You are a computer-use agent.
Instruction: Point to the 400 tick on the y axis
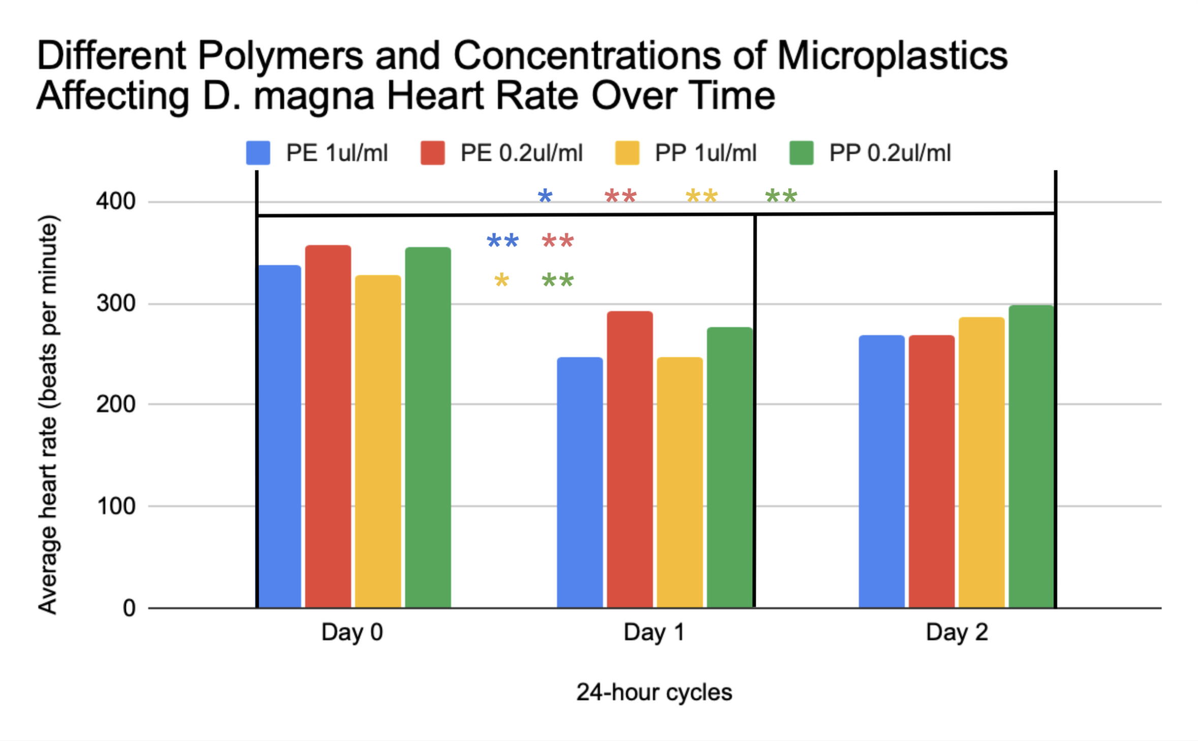(x=116, y=202)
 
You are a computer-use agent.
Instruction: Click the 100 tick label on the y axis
(x=116, y=506)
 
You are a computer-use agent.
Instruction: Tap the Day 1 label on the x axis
(x=654, y=632)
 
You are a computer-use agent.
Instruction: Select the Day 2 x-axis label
(x=957, y=632)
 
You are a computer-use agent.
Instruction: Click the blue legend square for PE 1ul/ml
(x=258, y=153)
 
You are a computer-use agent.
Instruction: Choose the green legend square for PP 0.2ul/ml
(x=801, y=153)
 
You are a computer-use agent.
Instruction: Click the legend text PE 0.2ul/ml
(x=521, y=153)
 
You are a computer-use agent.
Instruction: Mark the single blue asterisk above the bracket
(x=545, y=196)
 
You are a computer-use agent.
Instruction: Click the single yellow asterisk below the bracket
(x=501, y=281)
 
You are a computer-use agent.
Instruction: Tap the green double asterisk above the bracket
(x=781, y=196)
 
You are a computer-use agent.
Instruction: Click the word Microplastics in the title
(x=892, y=55)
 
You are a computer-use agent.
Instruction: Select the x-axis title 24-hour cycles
(x=654, y=692)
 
